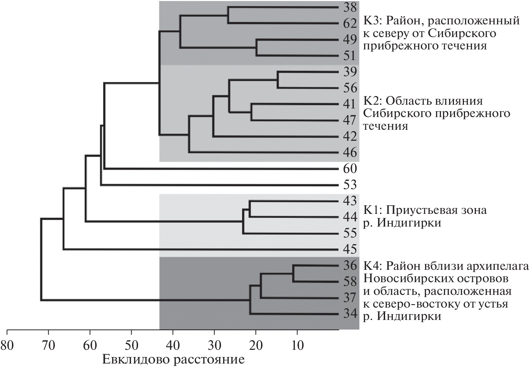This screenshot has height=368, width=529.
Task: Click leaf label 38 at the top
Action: [350, 7]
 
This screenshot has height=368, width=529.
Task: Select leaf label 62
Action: [350, 24]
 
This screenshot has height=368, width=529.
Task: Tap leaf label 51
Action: [350, 56]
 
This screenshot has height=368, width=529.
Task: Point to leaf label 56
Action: [350, 88]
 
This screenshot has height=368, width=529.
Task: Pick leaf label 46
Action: [350, 152]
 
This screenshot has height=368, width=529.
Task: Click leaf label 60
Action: [350, 169]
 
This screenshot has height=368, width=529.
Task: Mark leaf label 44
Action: [350, 217]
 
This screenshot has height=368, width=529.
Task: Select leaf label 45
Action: [350, 249]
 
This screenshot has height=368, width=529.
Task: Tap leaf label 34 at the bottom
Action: [350, 314]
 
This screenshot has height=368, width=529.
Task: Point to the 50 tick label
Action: [132, 345]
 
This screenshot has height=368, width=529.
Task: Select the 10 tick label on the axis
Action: [297, 345]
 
